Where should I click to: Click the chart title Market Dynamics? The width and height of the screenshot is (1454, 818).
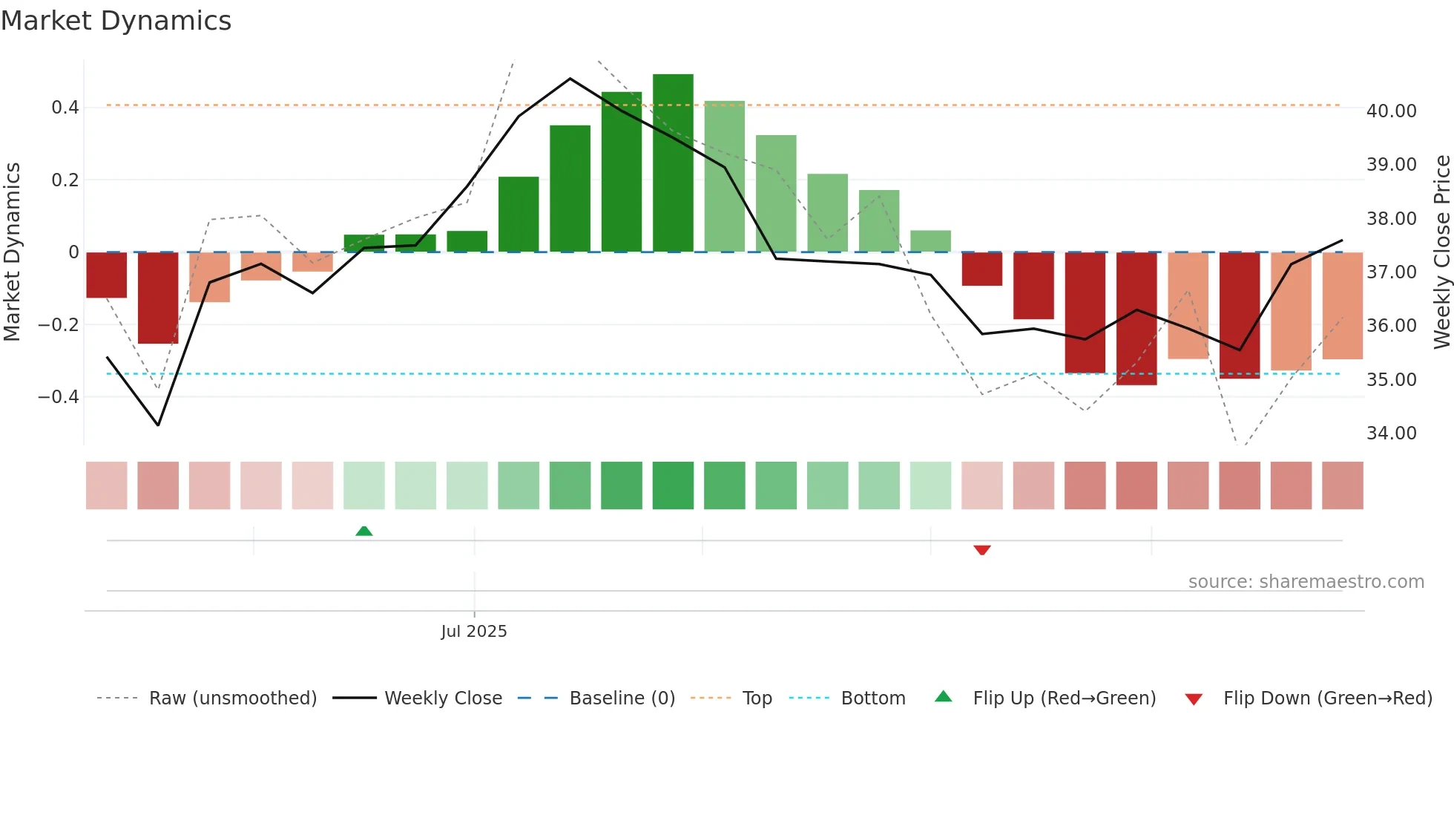pos(116,21)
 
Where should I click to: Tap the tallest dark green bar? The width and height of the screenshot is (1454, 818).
pos(673,163)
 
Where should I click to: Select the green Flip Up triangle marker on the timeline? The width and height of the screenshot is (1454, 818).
pos(363,531)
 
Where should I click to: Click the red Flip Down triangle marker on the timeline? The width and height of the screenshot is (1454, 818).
pos(981,550)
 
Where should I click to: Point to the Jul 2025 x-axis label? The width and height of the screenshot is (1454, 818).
pos(473,632)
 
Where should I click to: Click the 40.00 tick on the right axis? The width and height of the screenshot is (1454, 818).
pos(1391,111)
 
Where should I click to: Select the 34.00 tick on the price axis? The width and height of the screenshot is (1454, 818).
pos(1391,433)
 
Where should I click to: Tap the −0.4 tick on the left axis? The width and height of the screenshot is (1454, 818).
pos(59,397)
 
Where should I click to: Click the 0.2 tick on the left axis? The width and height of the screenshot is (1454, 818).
pos(65,180)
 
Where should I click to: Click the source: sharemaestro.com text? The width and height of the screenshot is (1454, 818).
pos(1306,582)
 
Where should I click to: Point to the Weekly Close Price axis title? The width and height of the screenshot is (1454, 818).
pos(1441,252)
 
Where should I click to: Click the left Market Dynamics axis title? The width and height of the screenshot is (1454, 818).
pos(12,252)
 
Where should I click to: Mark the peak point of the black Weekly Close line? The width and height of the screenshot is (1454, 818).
pos(570,78)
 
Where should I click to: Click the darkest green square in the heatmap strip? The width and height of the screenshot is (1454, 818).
pos(673,485)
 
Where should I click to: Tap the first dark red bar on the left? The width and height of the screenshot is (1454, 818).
pos(106,275)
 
